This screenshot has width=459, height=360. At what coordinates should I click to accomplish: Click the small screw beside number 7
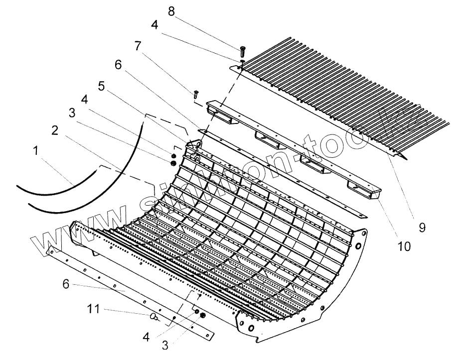(196, 93)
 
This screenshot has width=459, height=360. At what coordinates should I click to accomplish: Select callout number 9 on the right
(422, 228)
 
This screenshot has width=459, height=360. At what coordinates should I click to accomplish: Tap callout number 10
(405, 245)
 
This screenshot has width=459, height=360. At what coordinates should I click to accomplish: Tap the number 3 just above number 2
(73, 113)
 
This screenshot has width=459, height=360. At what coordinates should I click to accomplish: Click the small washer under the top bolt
(242, 61)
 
